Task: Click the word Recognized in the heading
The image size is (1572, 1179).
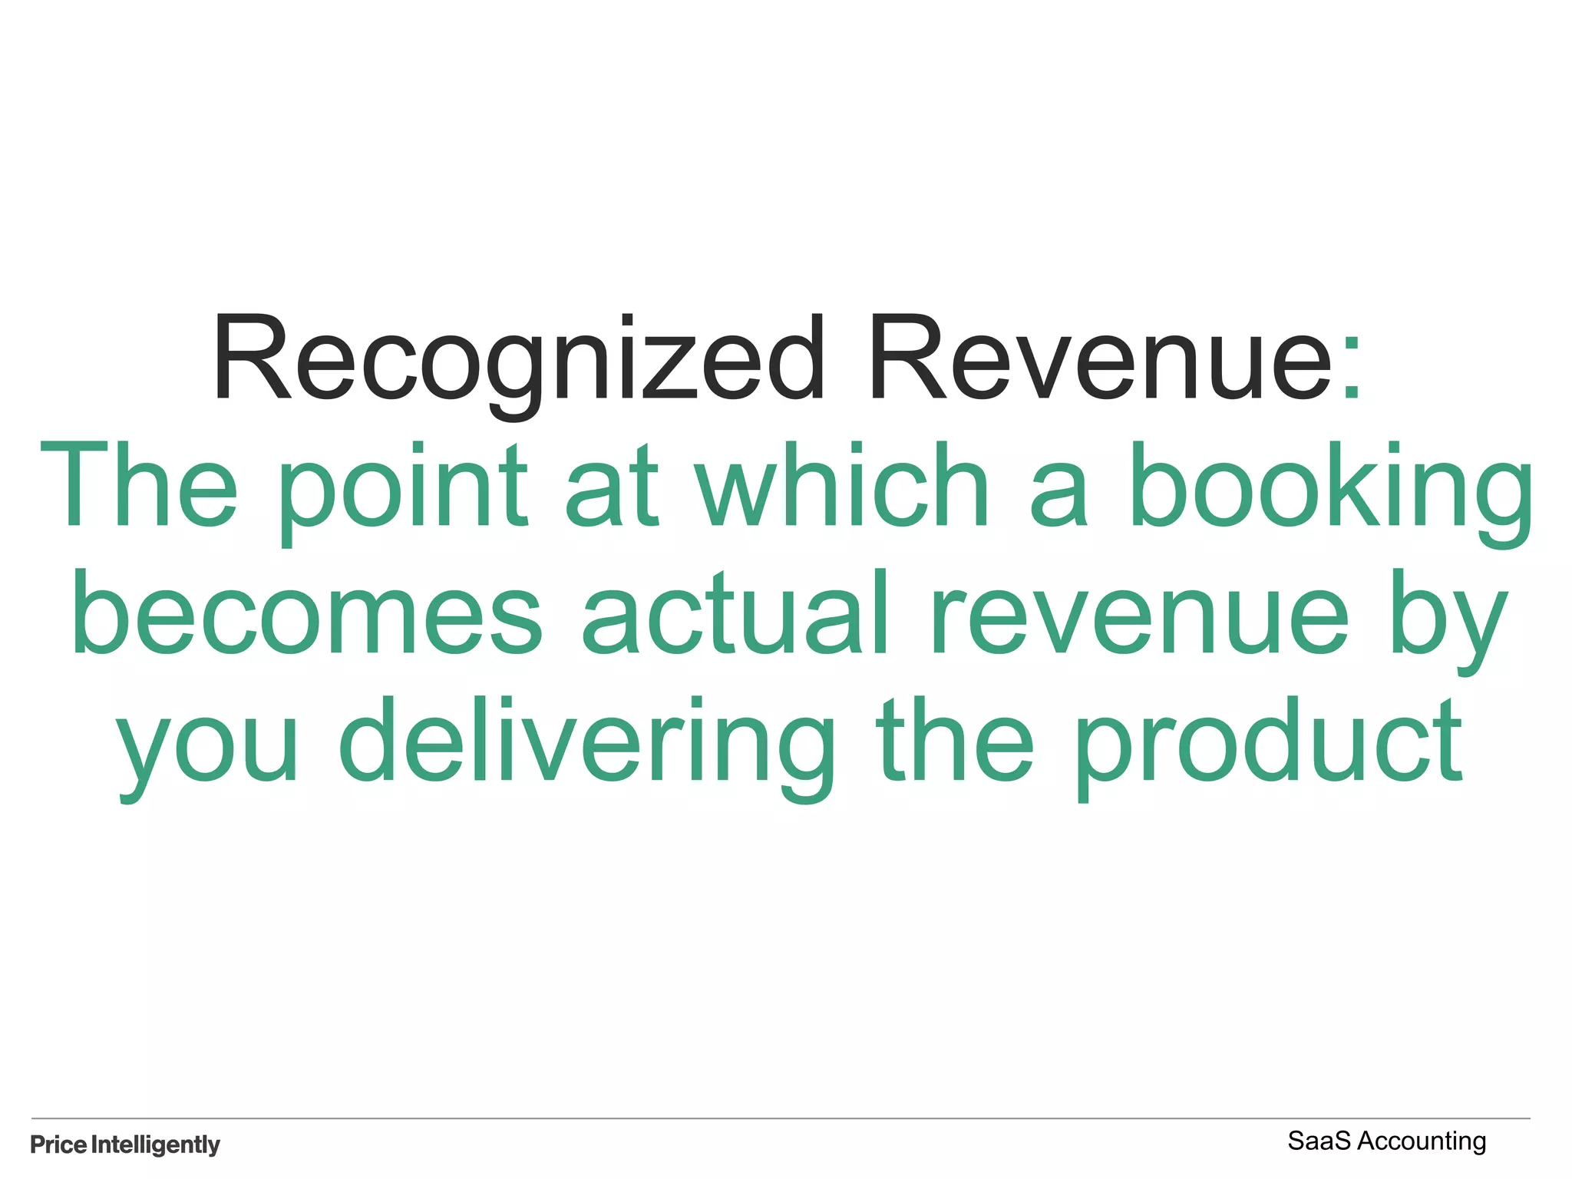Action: (x=519, y=359)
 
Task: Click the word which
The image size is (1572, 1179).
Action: (x=843, y=485)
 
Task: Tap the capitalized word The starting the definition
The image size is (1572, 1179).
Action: (x=139, y=485)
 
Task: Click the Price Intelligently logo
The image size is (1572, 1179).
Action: (x=125, y=1144)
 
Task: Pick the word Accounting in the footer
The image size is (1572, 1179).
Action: (x=1422, y=1142)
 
